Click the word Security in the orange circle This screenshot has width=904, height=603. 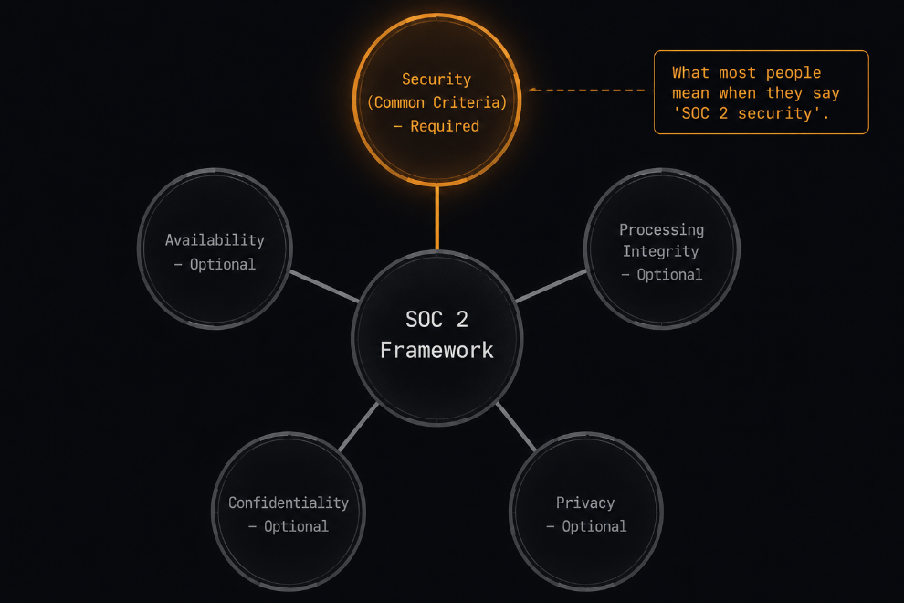coord(436,79)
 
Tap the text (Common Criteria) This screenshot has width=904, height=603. coord(437,102)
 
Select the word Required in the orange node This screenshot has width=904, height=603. coord(445,126)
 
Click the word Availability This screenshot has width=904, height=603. coord(215,240)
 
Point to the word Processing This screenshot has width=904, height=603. coord(661,229)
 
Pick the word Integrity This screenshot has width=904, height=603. coord(661,251)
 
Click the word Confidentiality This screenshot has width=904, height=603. coord(289,503)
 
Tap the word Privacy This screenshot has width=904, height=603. coord(585,503)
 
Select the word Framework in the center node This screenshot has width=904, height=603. coord(437,350)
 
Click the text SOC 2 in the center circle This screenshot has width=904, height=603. coord(436,319)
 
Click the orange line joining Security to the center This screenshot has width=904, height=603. coord(437,218)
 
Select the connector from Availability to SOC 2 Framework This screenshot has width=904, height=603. coord(324,286)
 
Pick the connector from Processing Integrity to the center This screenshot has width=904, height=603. coord(551,286)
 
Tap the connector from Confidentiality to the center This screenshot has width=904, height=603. coord(359,427)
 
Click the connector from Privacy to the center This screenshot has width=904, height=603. coord(516,427)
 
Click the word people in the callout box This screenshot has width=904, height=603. coord(794,73)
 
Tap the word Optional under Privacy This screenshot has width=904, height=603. coord(594,526)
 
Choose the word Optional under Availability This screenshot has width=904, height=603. coord(223,264)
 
